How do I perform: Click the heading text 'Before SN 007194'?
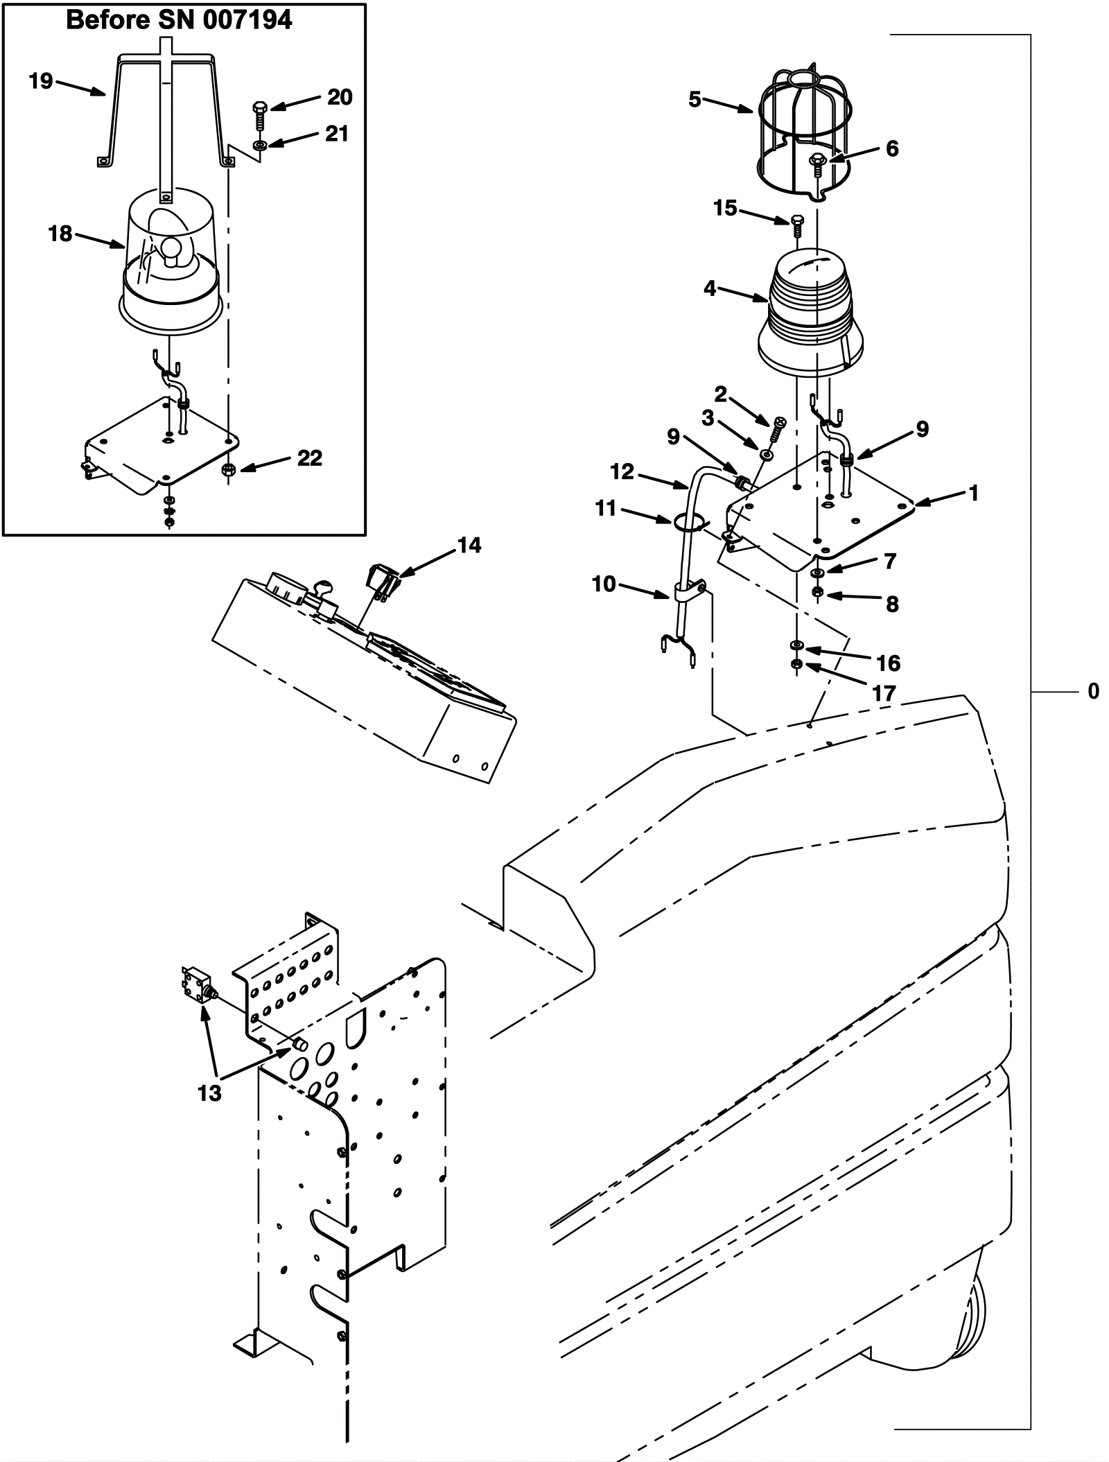(179, 20)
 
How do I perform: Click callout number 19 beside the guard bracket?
(41, 81)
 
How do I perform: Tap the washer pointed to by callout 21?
(259, 146)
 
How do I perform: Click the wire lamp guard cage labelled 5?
(805, 134)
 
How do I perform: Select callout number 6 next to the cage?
(892, 148)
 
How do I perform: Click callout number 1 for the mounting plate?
(975, 493)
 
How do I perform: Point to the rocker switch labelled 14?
(381, 582)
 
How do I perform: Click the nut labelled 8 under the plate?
(818, 591)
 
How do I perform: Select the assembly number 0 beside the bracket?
(1093, 691)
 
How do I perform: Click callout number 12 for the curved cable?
(622, 472)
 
